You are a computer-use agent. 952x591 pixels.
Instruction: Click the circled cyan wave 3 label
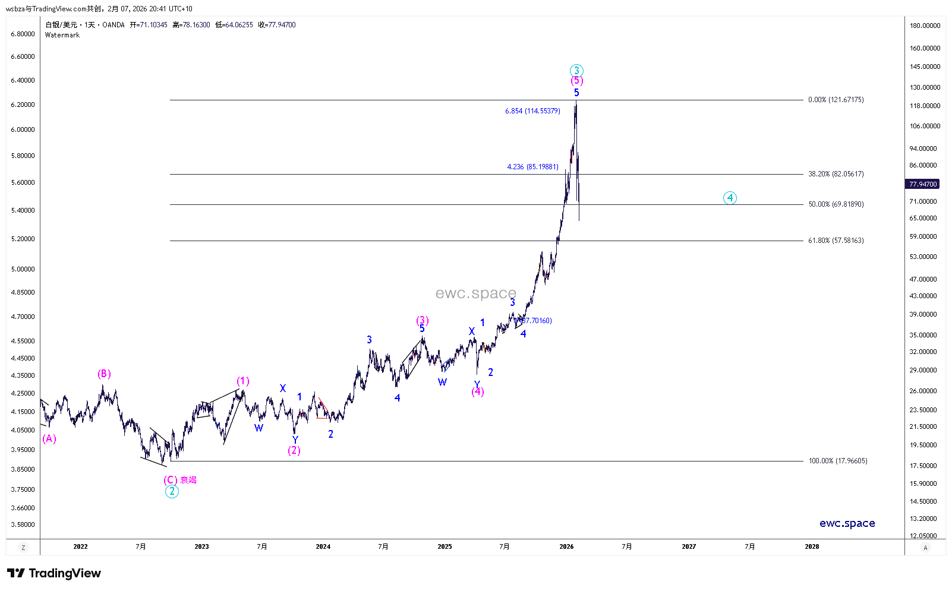pos(576,71)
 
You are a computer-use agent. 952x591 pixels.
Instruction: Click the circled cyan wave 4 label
pos(730,198)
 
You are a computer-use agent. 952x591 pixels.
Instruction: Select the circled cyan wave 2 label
pos(172,491)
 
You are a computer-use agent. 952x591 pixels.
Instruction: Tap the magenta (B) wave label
pos(104,374)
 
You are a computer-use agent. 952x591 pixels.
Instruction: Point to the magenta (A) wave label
pos(49,438)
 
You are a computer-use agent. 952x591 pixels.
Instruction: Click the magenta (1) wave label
pos(242,381)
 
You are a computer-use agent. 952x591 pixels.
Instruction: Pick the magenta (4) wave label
pos(478,391)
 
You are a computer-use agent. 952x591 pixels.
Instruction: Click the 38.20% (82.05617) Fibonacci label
pos(836,174)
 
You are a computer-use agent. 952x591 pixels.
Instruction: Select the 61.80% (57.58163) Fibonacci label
pos(836,241)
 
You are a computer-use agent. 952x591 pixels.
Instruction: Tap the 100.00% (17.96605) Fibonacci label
pos(837,461)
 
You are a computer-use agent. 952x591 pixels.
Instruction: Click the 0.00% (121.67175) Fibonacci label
pos(836,100)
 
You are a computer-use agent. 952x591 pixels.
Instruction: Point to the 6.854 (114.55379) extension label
pos(532,111)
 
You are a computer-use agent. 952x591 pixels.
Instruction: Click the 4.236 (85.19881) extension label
pos(532,167)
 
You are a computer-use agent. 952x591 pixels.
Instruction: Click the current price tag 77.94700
pos(922,184)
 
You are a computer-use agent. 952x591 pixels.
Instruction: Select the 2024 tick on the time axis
pos(323,546)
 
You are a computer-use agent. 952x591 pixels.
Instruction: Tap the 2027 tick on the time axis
pos(689,546)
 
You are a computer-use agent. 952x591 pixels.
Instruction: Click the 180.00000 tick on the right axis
pos(925,26)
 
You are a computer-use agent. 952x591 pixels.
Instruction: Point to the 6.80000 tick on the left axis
pos(23,34)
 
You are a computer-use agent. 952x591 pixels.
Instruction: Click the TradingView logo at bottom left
pos(54,573)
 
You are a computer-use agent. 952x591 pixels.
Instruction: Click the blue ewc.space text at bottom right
pos(847,523)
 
